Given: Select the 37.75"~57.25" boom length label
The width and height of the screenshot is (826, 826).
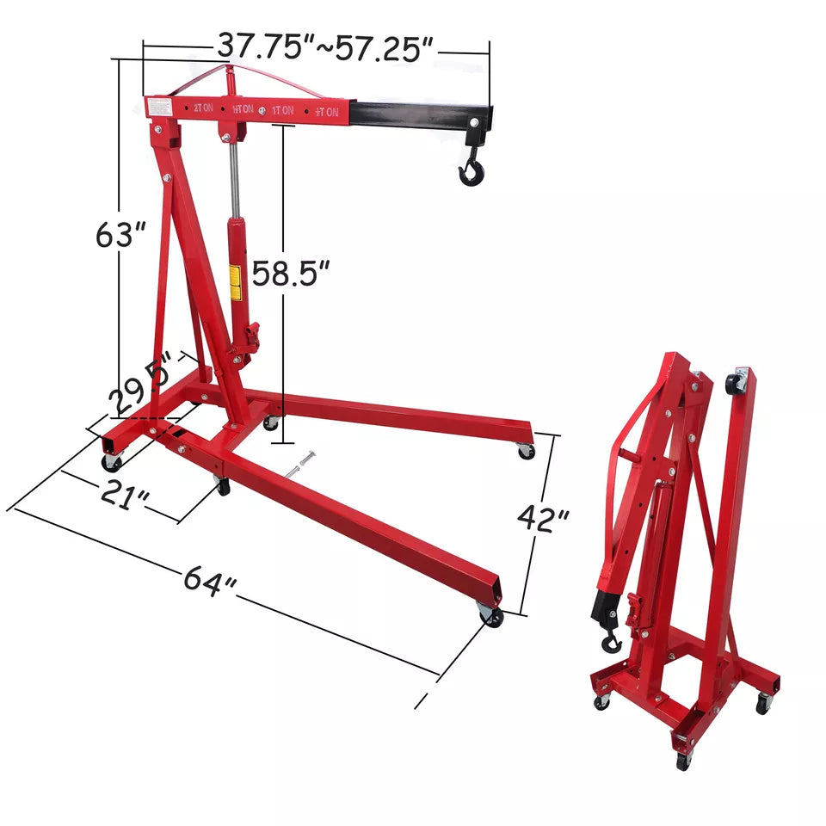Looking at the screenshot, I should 323,46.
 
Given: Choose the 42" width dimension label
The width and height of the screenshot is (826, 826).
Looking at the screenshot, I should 544,519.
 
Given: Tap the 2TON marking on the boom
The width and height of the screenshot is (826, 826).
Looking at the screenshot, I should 203,108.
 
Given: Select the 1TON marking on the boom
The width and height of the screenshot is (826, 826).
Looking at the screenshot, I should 282,110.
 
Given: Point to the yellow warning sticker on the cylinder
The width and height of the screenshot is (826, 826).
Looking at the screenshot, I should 234,283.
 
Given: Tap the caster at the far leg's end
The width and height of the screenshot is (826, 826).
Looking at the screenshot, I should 525,450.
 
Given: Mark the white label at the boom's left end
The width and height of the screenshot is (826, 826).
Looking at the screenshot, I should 158,107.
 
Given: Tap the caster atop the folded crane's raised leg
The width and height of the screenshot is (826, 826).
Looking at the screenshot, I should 736,382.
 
